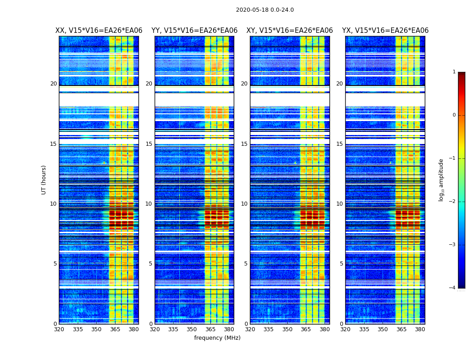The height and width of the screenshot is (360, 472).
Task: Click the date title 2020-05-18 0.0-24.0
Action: pos(265,10)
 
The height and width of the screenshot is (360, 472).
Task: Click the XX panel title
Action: pos(99,31)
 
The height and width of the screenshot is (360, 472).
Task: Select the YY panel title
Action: pos(194,31)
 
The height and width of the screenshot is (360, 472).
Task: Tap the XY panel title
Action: pos(289,31)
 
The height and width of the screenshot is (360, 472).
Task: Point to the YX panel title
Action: pos(385,31)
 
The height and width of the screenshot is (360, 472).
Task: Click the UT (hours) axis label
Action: pos(44,180)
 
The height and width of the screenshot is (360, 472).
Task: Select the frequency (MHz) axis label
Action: pos(217,338)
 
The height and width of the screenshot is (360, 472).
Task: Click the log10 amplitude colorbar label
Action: pos(441,180)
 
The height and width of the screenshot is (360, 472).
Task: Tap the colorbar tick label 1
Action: pos(454,72)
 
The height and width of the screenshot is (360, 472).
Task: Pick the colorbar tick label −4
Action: pos(453,288)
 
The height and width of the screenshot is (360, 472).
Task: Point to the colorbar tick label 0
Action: pos(454,115)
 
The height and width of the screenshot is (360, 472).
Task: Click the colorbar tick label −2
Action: pos(453,202)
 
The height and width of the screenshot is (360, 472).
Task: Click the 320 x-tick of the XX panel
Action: pos(59,329)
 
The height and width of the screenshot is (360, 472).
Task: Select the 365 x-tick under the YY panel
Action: pos(210,329)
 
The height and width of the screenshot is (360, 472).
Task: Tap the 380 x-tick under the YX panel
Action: pos(420,329)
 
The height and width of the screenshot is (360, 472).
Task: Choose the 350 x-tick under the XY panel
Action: pos(287,329)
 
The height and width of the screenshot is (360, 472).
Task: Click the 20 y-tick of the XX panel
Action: pos(53,84)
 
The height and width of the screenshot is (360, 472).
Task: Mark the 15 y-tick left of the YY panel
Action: pos(149,144)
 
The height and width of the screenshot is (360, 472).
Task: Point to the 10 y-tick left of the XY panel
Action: pos(244,204)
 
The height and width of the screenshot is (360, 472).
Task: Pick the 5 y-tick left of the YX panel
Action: pos(341,264)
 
